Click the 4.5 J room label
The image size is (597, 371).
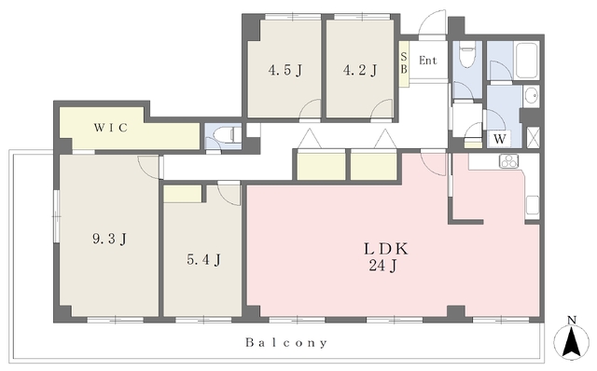(285, 71)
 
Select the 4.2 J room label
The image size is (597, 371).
(360, 71)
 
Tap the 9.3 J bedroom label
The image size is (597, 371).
(109, 239)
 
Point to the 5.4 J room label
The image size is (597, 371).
(203, 260)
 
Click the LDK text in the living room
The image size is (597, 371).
(386, 249)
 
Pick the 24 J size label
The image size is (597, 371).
(382, 266)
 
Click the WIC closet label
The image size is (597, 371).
(111, 128)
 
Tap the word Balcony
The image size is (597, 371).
(286, 343)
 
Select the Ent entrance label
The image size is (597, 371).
(427, 60)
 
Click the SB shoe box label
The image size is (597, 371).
(404, 63)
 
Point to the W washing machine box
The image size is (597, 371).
(500, 139)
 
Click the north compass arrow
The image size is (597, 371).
(571, 341)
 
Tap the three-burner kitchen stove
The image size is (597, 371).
(509, 161)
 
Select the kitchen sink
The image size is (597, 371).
(533, 206)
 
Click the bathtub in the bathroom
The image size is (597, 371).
(526, 61)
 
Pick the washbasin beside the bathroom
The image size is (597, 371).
(531, 95)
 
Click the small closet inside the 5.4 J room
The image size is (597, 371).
(183, 194)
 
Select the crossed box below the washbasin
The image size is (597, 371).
(533, 137)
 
